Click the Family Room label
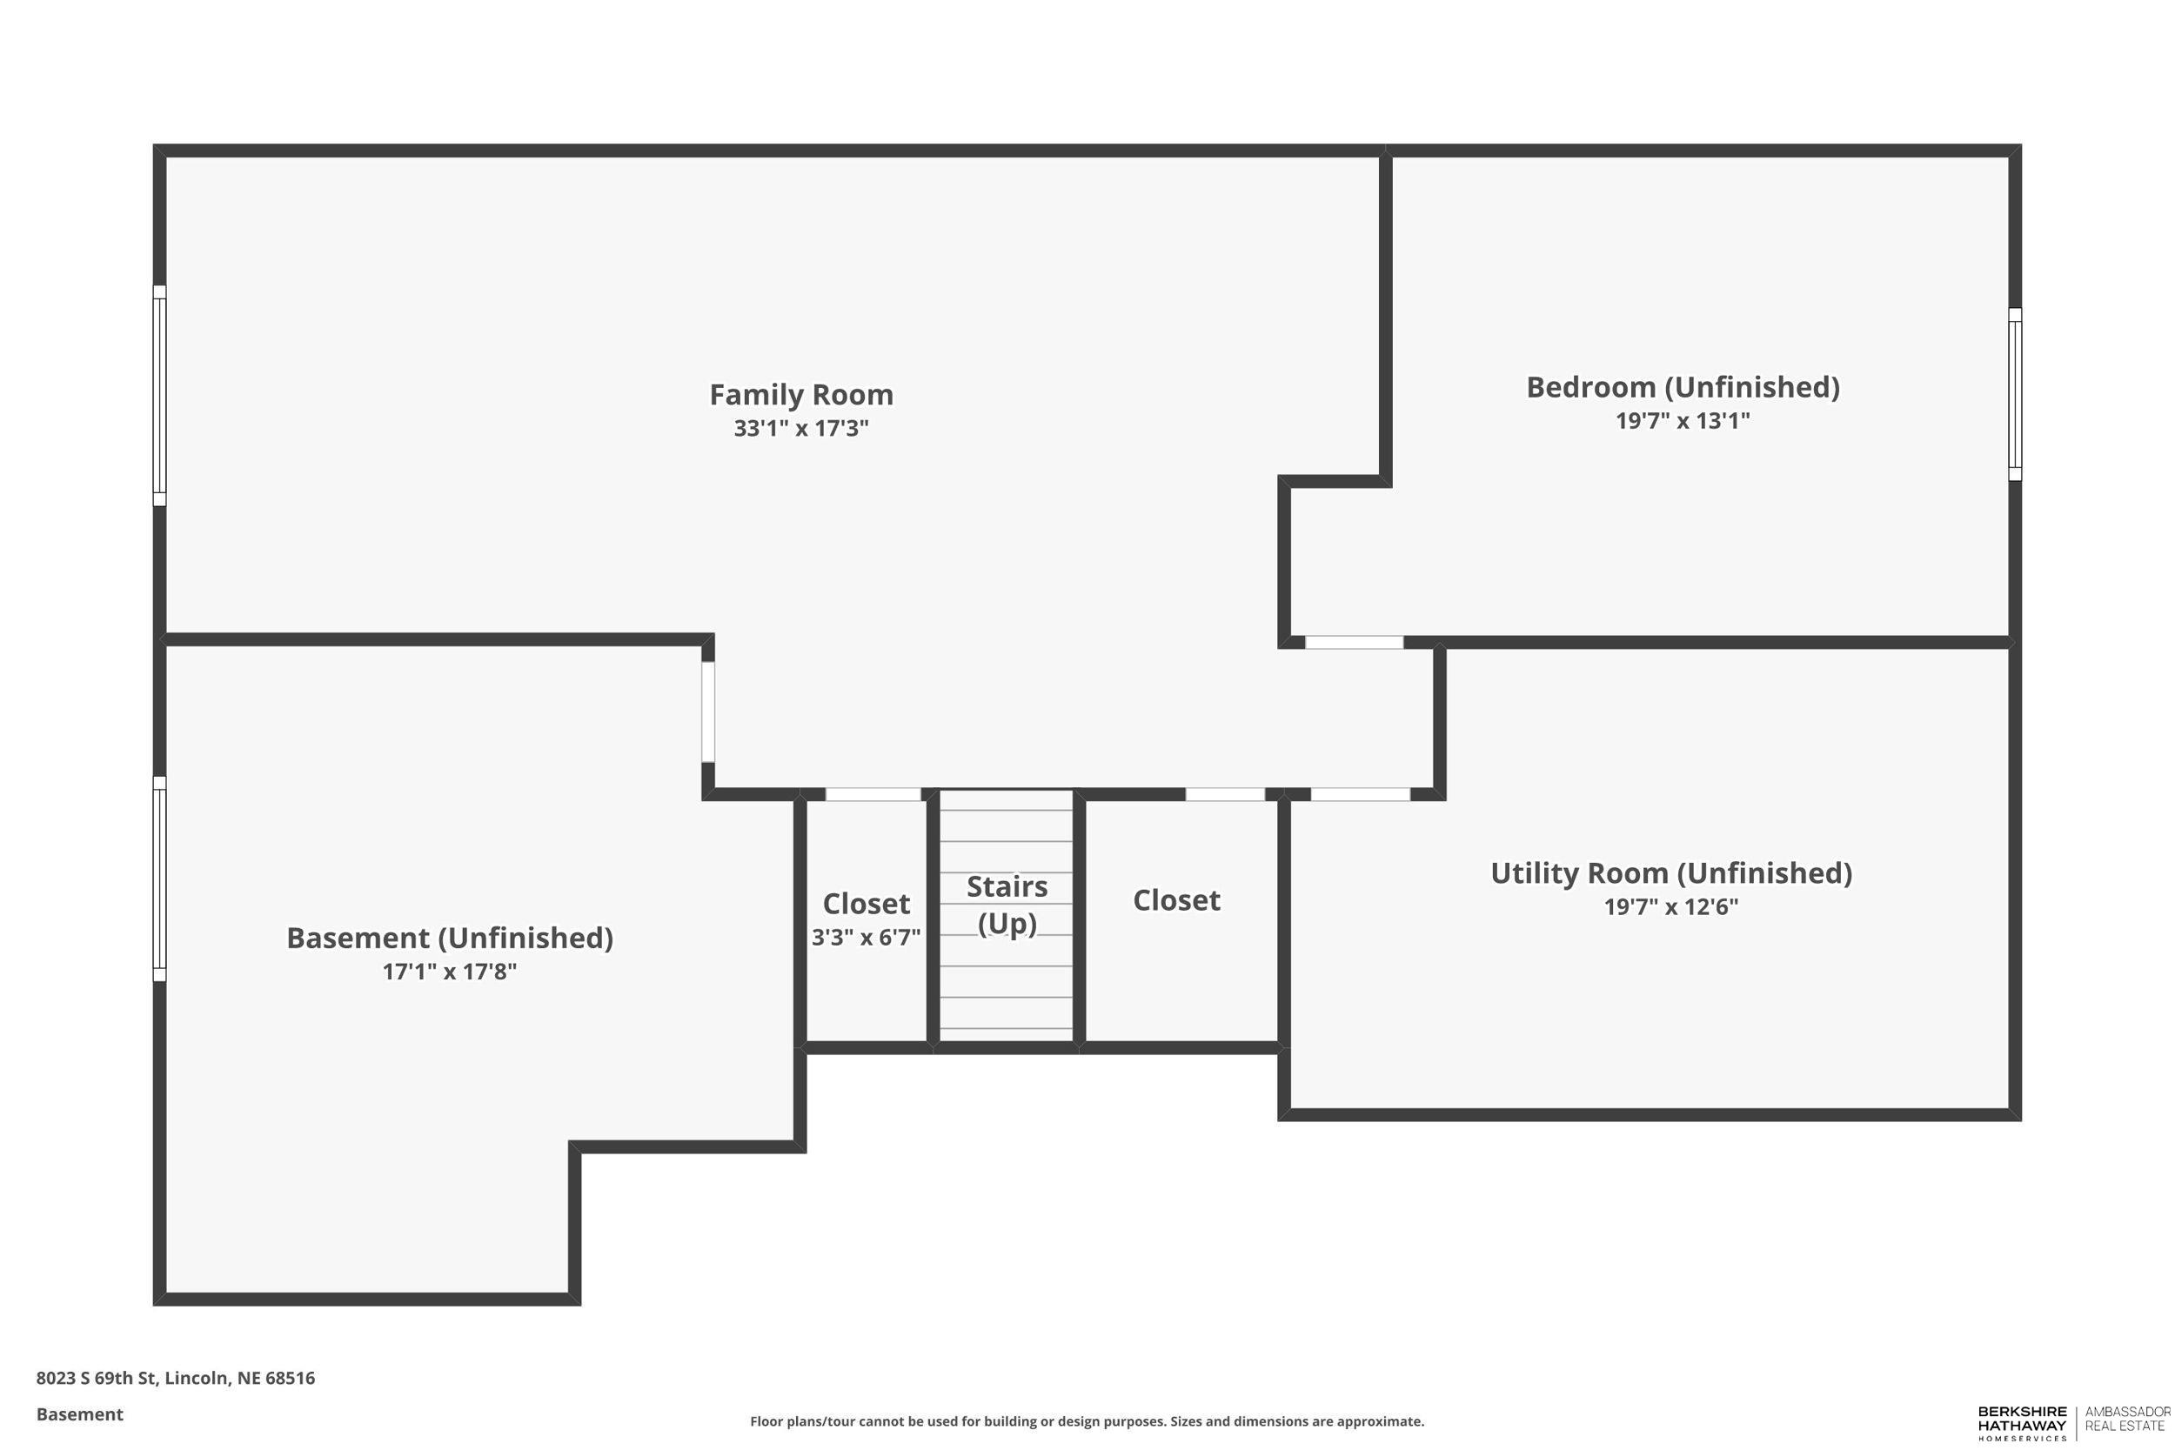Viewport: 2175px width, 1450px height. point(800,395)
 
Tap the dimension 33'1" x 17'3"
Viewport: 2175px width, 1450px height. point(800,428)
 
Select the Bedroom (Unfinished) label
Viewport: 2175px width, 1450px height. point(1682,387)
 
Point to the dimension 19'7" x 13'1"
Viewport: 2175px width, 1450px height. point(1682,421)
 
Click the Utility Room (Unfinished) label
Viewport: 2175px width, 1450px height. point(1671,873)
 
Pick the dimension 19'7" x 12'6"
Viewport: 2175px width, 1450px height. point(1671,906)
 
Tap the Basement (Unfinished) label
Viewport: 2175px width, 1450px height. point(450,938)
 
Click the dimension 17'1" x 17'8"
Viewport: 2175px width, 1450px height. point(450,971)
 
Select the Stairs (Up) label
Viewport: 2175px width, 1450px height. point(1007,905)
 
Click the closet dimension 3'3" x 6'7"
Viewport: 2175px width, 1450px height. point(866,938)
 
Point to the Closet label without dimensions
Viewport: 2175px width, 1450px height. point(1176,899)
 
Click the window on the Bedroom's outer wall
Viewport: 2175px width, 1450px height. point(2014,394)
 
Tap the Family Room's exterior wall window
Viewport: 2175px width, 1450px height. point(159,395)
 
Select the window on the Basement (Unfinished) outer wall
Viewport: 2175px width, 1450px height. point(159,879)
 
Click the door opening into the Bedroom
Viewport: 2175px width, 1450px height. point(1354,642)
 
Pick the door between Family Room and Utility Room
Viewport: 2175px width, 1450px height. point(1361,793)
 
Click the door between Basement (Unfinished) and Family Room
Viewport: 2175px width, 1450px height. point(707,712)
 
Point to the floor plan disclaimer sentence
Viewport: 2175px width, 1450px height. point(1087,1421)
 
